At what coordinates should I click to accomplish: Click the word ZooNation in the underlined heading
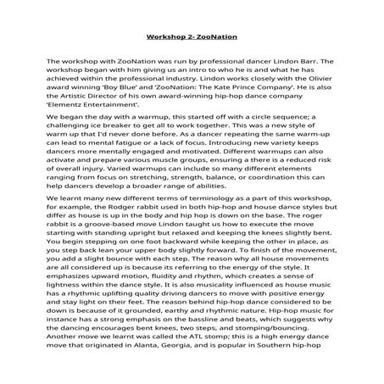pyautogui.click(x=214, y=38)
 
